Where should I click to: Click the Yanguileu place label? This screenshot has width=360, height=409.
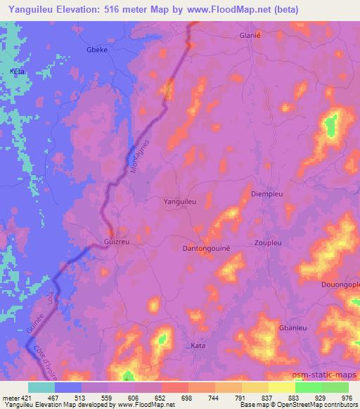179,201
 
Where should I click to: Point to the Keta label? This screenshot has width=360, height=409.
17,72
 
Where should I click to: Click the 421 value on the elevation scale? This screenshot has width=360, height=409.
21,397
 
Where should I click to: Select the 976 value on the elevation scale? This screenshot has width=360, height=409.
348,397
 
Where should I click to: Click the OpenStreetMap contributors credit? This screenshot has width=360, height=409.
321,405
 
